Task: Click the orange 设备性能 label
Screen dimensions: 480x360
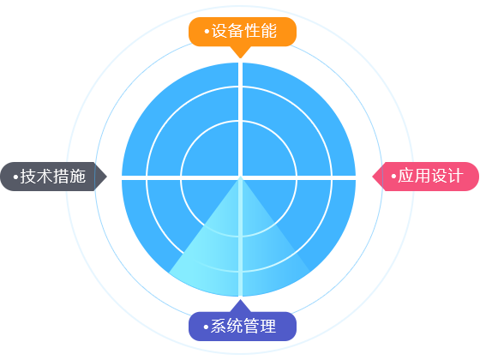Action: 243,32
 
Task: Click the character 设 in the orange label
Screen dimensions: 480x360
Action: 219,31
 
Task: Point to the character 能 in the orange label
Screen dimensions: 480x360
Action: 269,31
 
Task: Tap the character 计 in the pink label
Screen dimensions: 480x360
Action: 455,176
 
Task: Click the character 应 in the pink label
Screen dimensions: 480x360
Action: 405,176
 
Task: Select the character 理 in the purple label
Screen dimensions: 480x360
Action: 268,326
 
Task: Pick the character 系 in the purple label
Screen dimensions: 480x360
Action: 219,326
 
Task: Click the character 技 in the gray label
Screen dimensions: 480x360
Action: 27,177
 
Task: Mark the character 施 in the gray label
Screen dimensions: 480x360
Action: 77,177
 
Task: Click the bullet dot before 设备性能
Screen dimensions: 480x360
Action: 207,32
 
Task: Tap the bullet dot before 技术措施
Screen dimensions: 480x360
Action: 15,177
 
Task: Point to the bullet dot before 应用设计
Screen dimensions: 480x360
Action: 393,177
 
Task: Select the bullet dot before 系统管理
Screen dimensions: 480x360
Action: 206,327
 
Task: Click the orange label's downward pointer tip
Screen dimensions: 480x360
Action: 241,58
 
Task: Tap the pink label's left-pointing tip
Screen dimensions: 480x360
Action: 373,177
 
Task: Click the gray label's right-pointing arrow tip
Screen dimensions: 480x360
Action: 106,177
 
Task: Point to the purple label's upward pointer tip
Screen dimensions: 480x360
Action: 241,300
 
